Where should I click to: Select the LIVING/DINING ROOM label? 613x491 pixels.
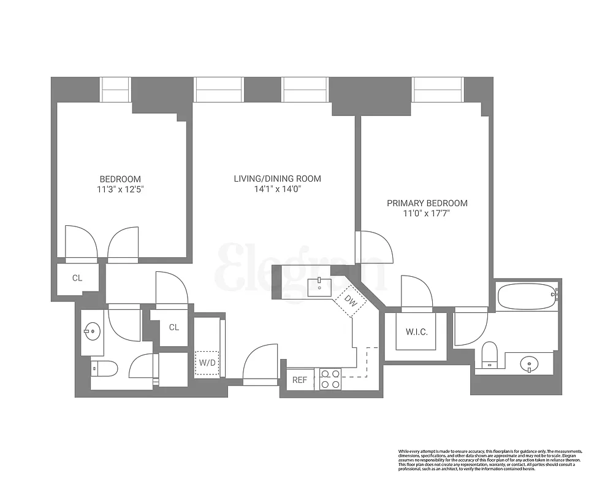tap(277, 179)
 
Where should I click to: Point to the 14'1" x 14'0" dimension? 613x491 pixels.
tap(277, 190)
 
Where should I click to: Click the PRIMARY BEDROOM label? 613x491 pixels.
tap(427, 203)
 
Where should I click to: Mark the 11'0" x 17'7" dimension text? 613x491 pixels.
tap(427, 214)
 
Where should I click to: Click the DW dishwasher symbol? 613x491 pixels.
tap(350, 301)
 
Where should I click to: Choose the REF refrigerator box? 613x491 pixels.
tap(299, 380)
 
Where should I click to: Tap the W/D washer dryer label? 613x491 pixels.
tap(207, 363)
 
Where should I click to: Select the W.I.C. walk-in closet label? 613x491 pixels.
tap(416, 332)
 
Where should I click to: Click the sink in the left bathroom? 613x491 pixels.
tap(92, 331)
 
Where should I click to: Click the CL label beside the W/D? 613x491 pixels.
tap(173, 327)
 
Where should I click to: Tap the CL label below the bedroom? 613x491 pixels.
tap(77, 278)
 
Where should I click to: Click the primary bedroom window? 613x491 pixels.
tap(437, 90)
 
